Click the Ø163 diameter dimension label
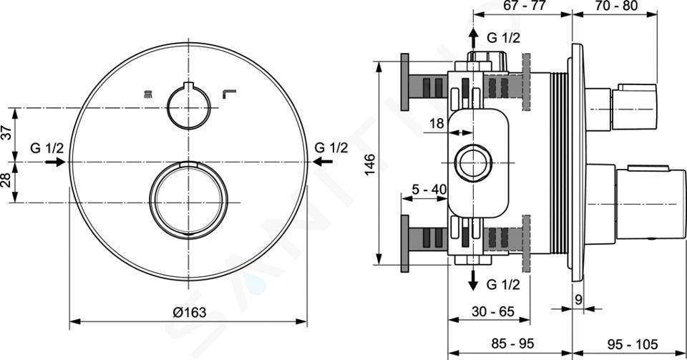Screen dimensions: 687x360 189,312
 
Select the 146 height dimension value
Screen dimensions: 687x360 370,164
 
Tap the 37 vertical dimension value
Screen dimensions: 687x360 6,132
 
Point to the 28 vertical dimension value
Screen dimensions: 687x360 6,180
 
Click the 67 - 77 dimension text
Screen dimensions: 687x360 524,6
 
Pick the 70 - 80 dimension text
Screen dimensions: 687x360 615,6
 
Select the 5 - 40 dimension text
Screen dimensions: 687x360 429,189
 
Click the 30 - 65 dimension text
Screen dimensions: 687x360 493,311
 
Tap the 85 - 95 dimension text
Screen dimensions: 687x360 512,344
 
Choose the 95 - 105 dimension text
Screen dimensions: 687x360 633,344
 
